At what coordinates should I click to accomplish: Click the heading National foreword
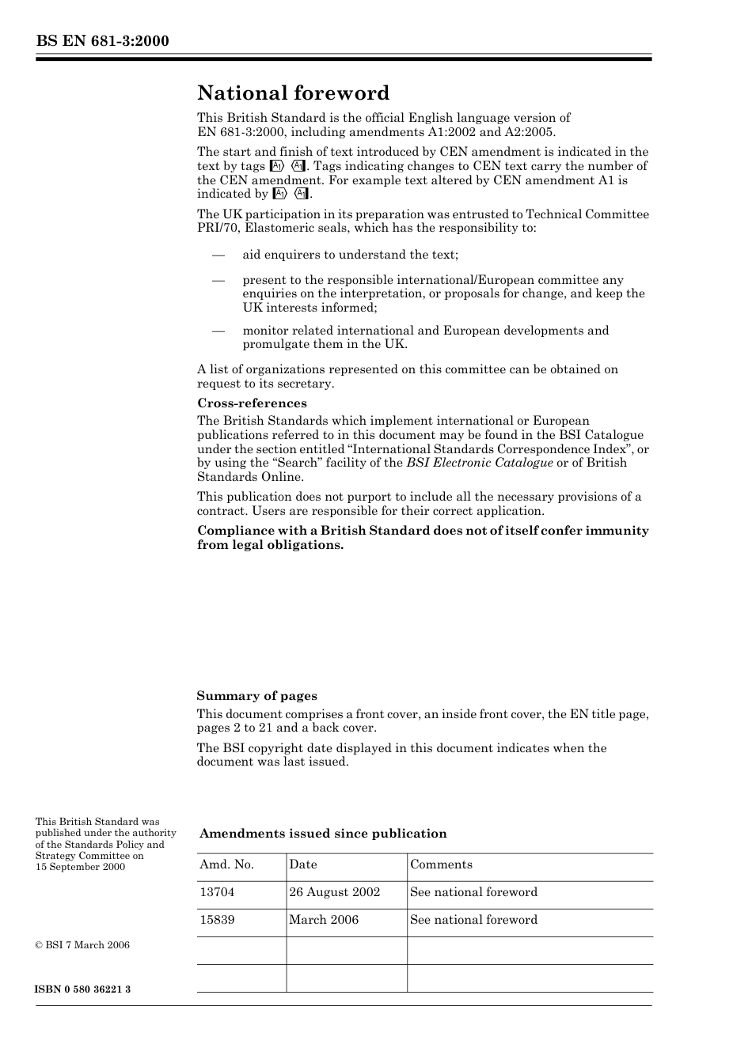293,93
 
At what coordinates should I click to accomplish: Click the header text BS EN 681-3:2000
102,41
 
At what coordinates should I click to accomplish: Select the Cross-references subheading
252,403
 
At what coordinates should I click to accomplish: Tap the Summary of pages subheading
256,696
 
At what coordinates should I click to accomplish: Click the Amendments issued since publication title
323,834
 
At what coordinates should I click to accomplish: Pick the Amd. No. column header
226,865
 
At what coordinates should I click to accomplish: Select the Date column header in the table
302,865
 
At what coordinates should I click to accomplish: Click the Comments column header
441,865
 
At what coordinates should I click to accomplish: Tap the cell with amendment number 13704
217,892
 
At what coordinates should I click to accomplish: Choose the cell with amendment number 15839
217,920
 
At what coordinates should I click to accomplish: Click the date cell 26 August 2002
334,892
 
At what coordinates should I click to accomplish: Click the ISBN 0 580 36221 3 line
83,989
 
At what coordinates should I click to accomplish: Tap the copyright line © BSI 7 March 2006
82,945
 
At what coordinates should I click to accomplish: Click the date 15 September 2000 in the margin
80,867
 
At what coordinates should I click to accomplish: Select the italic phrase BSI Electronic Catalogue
480,463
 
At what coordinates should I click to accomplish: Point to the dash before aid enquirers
218,255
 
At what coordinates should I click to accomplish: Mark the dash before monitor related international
218,331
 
